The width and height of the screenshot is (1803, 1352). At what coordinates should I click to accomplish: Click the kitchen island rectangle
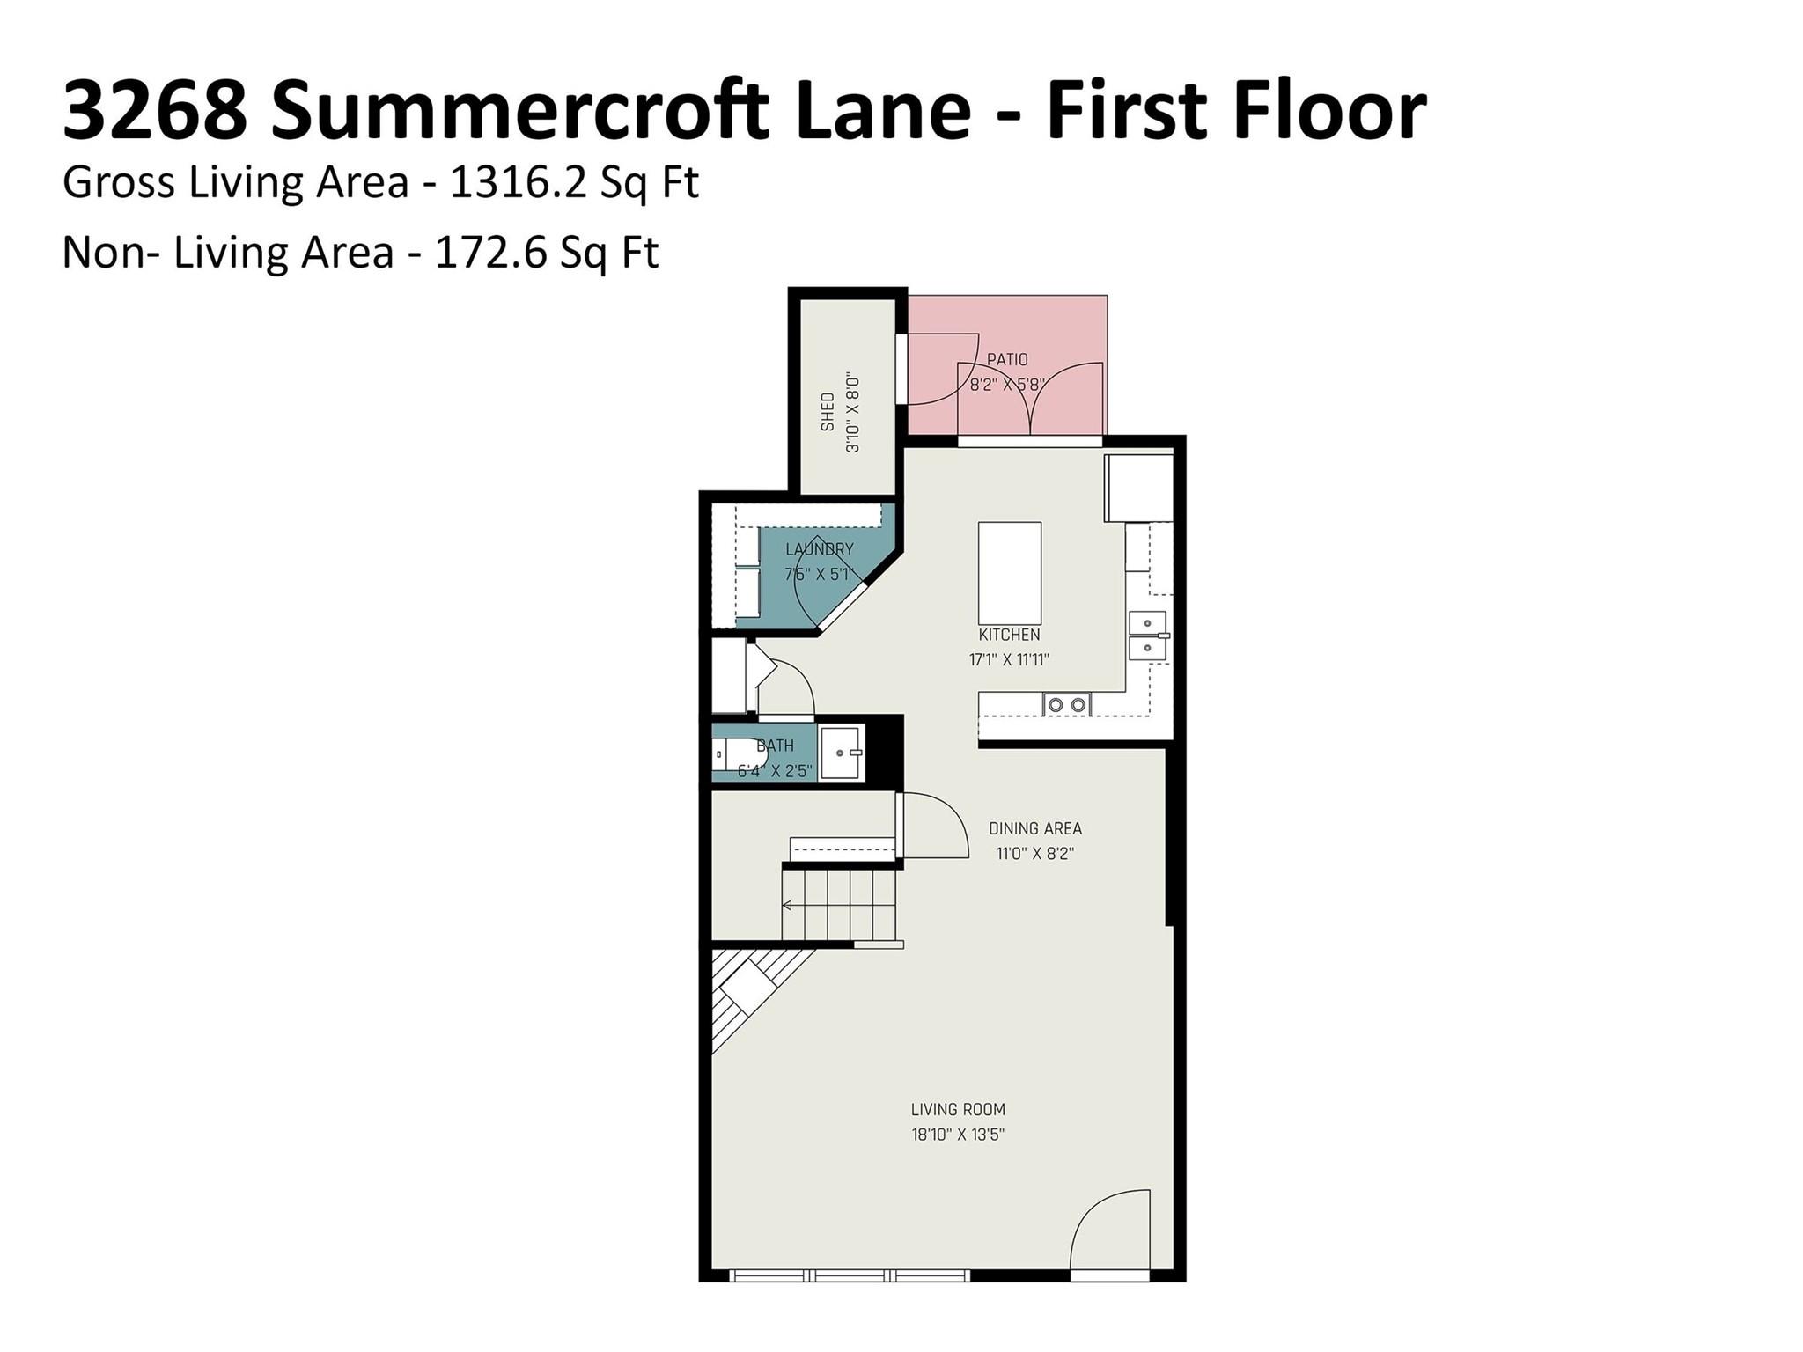[x=1010, y=573]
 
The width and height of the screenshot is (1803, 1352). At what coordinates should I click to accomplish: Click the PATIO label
[x=1007, y=359]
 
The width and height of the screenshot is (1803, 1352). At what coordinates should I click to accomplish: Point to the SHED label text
[x=828, y=412]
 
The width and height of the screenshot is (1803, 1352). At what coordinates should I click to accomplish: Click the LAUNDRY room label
[x=820, y=549]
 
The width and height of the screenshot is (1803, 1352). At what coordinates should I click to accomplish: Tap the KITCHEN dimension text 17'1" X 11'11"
[x=1009, y=659]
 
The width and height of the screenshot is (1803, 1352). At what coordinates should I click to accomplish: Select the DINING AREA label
[x=1035, y=828]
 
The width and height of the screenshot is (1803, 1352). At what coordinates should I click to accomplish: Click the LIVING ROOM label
[x=958, y=1110]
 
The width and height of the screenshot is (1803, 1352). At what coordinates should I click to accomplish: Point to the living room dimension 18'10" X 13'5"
[x=958, y=1135]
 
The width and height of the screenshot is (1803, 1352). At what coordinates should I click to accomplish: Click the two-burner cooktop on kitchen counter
[x=1067, y=704]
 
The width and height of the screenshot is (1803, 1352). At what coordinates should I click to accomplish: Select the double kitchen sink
[x=1148, y=636]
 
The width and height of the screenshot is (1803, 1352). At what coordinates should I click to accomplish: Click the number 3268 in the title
[x=155, y=111]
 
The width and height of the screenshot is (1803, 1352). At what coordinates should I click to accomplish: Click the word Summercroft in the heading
[x=520, y=111]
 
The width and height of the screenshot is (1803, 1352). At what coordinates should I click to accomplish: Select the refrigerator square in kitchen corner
[x=1139, y=488]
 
